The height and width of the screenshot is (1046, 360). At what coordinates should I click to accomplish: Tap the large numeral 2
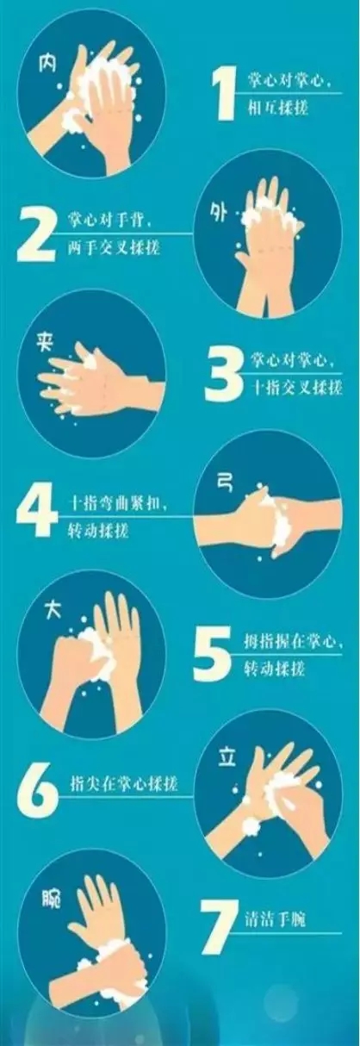(35, 234)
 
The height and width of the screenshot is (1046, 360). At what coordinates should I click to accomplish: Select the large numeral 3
(223, 374)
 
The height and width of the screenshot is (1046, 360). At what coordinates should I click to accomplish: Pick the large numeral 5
(212, 653)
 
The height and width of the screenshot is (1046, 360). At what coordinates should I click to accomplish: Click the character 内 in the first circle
(47, 63)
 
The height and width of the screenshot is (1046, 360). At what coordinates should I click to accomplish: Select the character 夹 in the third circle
(45, 343)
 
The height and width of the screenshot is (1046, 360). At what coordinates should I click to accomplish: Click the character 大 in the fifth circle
(53, 609)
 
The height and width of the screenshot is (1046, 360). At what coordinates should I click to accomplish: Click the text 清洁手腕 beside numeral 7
(276, 919)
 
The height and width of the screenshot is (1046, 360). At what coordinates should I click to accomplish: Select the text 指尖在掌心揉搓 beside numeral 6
(124, 782)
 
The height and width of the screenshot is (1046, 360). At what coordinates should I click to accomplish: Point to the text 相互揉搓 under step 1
(278, 108)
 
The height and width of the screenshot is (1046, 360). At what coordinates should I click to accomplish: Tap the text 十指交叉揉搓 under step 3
(297, 387)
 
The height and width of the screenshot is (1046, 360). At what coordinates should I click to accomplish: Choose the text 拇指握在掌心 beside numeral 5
(290, 642)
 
